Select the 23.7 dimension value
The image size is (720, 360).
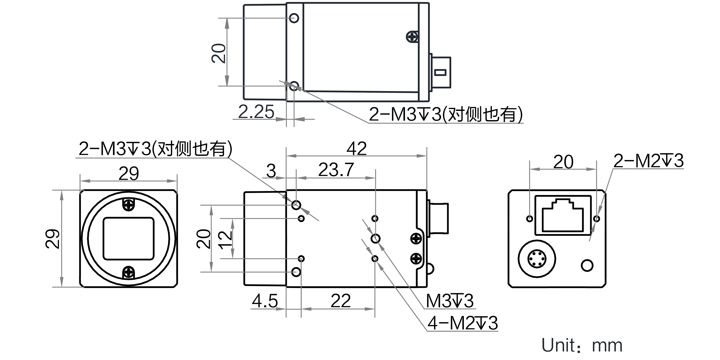[x=336, y=170]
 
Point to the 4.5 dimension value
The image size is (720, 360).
[x=265, y=301]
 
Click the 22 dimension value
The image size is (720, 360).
[x=340, y=301]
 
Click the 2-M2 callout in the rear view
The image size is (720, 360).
[x=648, y=161]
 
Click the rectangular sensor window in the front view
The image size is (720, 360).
[x=129, y=239]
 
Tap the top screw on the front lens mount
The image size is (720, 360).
[x=129, y=205]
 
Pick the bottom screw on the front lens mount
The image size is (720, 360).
[x=129, y=272]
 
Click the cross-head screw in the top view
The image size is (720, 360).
[x=412, y=37]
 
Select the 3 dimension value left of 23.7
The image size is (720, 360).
[x=271, y=171]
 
